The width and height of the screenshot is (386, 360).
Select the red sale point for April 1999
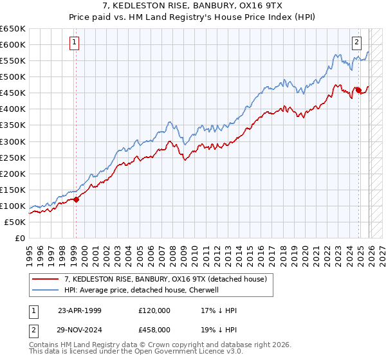[76, 199]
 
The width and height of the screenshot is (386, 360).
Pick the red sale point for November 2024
[358, 91]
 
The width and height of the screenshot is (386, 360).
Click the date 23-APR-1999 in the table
[79, 310]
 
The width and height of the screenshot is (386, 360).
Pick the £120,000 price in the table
[154, 310]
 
